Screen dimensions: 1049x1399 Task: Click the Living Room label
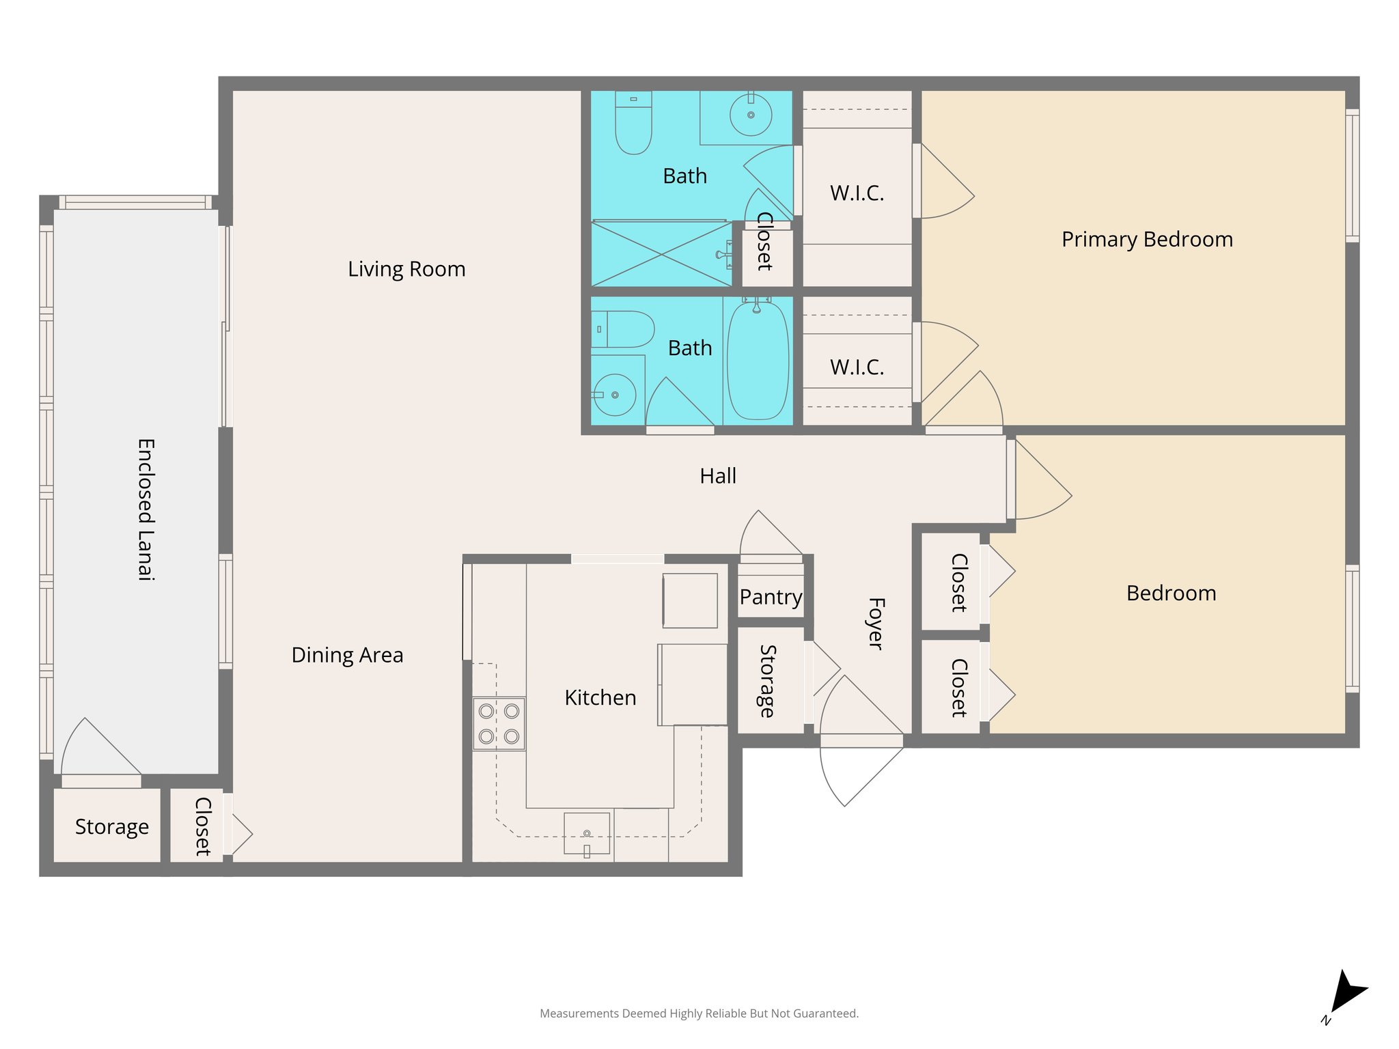[406, 269]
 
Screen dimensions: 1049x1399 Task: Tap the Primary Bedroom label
[1147, 240]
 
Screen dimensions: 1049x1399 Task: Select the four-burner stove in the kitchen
[499, 724]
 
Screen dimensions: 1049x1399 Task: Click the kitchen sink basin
[586, 833]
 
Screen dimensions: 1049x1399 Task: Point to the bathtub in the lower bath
[758, 361]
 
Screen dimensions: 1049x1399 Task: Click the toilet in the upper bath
[633, 123]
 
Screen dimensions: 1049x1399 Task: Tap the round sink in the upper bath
[750, 115]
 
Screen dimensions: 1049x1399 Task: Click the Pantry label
[771, 597]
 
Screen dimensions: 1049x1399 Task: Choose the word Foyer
[876, 624]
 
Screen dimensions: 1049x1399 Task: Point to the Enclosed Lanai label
[146, 509]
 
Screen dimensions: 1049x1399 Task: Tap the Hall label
[718, 476]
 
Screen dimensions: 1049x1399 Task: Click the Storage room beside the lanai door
[111, 826]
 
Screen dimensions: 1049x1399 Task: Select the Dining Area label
[347, 655]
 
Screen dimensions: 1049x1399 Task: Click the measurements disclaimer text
[699, 1013]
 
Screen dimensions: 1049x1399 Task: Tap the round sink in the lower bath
[615, 395]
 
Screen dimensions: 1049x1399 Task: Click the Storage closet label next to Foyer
[768, 681]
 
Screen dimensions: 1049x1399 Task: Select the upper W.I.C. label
[857, 193]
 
